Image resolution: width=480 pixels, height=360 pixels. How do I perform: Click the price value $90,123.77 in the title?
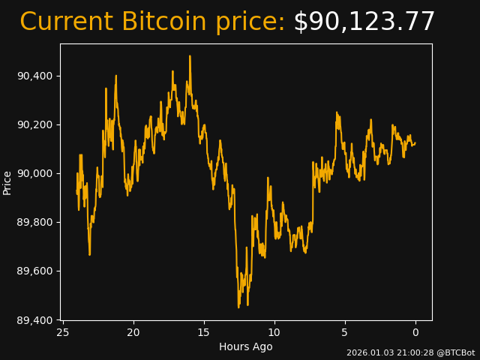coord(364,22)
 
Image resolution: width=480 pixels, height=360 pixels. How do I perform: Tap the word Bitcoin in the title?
coord(163,22)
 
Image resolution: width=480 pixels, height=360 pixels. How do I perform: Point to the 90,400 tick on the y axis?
coord(36,76)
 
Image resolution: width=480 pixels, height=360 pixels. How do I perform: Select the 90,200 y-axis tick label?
coord(36,124)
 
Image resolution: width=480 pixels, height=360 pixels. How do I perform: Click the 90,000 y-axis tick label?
coord(36,173)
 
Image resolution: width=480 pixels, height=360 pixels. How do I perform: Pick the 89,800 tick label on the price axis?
coord(36,222)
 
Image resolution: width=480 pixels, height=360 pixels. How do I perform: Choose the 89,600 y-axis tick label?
coord(36,271)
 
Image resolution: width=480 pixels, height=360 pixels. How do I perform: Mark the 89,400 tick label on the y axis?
coord(36,320)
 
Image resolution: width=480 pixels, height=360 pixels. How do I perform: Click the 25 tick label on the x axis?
coord(63,332)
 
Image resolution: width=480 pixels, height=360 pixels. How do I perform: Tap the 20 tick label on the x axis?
coord(133,332)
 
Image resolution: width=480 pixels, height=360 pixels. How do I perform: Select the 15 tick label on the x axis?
coord(204,332)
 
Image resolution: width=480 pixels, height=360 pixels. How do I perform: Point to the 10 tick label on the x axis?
coord(274,332)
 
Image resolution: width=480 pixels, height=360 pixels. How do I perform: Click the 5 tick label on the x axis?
coord(345,332)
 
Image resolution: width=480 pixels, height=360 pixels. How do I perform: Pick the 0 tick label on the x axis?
coord(415,332)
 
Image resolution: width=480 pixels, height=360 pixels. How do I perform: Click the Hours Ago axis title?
coord(245,346)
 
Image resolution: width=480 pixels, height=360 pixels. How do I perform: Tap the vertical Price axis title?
coord(7,182)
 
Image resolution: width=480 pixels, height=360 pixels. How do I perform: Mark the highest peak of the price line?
coord(190,55)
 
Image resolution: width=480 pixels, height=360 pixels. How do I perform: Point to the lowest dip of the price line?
coord(238,307)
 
